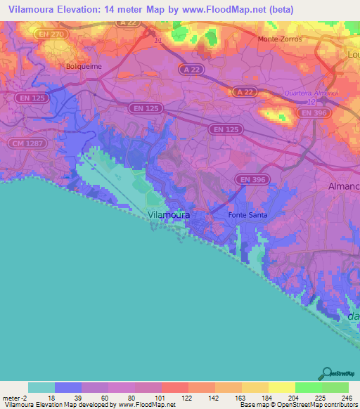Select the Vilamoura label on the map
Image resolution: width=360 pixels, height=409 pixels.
(x=169, y=214)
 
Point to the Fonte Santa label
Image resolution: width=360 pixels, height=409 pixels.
(x=247, y=214)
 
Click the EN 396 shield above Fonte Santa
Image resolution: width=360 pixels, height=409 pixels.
(x=251, y=180)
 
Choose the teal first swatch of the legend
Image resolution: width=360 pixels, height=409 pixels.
(x=41, y=387)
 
